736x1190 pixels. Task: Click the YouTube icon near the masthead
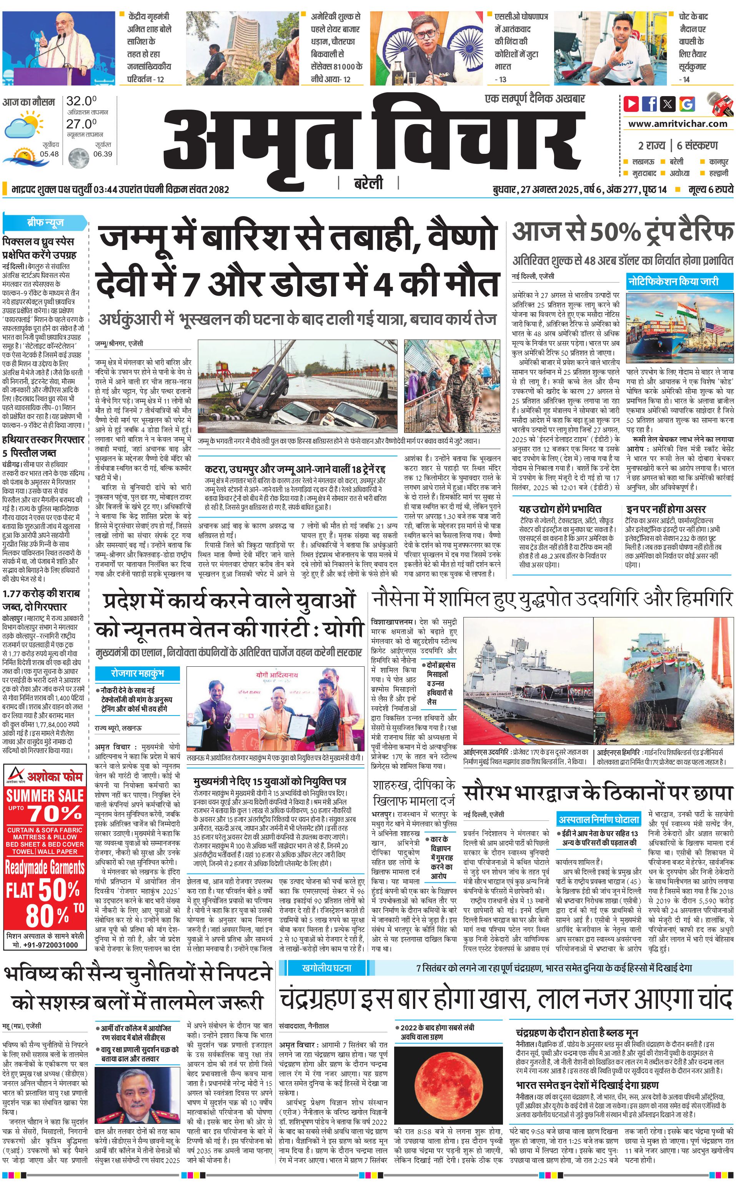pos(631,104)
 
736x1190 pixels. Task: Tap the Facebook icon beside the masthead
pos(649,104)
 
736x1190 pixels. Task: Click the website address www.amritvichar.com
pos(678,124)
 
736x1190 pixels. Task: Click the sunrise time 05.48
pos(49,154)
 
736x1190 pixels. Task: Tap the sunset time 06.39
pos(102,154)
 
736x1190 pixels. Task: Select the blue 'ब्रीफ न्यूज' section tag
pos(45,223)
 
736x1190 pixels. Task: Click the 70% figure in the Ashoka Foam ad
pos(55,813)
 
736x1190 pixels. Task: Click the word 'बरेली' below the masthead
pos(368,183)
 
